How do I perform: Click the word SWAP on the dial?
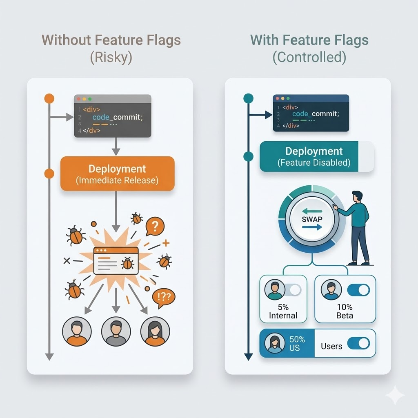[x=312, y=219]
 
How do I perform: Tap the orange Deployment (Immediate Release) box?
[x=117, y=173]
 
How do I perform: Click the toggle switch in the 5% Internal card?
[x=293, y=290]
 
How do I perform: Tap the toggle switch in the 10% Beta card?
[x=358, y=290]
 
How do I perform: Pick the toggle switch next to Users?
[x=358, y=343]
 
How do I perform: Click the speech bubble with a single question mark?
[x=155, y=227]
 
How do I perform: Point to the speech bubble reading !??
[x=163, y=298]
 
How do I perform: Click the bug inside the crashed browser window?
[x=127, y=263]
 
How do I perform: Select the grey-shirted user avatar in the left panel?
[x=116, y=331]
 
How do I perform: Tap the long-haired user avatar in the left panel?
[x=155, y=331]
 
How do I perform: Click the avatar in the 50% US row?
[x=275, y=343]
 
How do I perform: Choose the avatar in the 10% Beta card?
[x=331, y=290]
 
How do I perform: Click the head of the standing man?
[x=357, y=197]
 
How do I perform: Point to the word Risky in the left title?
[x=111, y=57]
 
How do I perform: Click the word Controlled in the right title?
[x=309, y=57]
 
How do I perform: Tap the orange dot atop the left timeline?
[x=49, y=99]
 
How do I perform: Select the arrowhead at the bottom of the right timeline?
[x=249, y=357]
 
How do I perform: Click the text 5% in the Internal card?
[x=283, y=307]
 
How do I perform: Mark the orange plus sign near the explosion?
[x=166, y=243]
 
